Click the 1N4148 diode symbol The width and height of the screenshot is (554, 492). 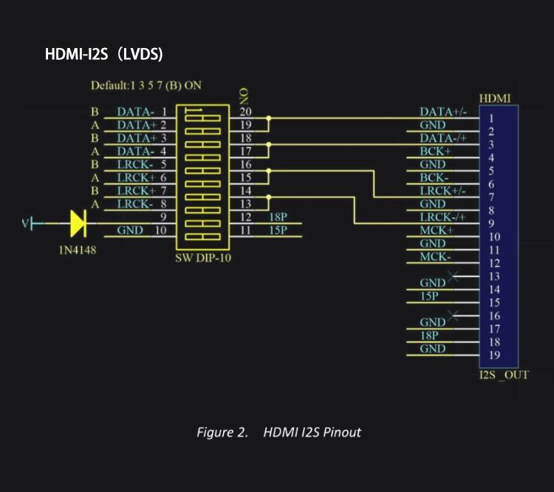click(x=78, y=223)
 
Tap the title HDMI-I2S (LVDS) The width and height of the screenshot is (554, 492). click(x=104, y=55)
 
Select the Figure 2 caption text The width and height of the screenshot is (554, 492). click(x=278, y=432)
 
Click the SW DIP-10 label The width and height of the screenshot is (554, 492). click(x=203, y=258)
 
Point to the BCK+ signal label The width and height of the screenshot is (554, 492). click(x=435, y=151)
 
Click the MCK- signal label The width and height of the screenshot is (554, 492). click(x=435, y=256)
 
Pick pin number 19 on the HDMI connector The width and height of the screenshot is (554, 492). click(x=494, y=355)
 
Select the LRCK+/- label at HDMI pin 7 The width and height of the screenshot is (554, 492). click(x=442, y=191)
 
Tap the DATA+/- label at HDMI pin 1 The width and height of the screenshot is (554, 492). click(x=443, y=112)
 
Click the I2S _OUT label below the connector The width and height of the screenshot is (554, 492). click(x=504, y=375)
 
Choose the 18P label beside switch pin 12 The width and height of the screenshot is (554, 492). click(x=278, y=217)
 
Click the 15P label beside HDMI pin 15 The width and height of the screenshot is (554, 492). click(x=429, y=295)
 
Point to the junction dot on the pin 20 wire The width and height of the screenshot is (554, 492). click(x=269, y=118)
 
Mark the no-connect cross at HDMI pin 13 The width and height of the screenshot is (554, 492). click(x=453, y=276)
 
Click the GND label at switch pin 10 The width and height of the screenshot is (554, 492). click(x=130, y=230)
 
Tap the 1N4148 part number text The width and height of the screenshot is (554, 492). click(x=78, y=250)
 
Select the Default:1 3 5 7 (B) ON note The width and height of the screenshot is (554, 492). click(x=146, y=85)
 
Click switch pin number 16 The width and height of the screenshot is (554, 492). click(x=245, y=164)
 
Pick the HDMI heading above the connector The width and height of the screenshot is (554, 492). click(x=495, y=98)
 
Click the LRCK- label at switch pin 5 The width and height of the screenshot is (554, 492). click(x=135, y=164)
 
